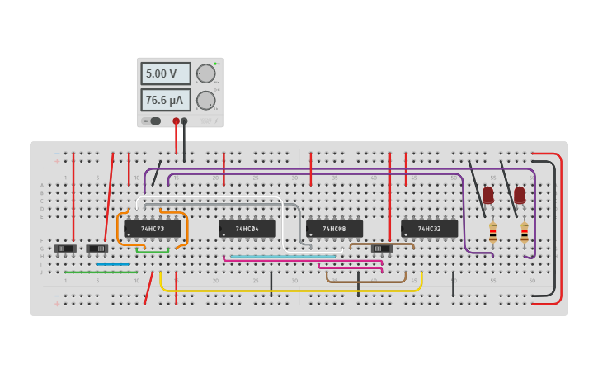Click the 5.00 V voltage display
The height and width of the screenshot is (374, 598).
coord(165,73)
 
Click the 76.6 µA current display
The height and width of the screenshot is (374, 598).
coord(165,101)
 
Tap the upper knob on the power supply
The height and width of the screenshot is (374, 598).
coord(205,73)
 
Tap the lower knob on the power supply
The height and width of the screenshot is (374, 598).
coord(205,101)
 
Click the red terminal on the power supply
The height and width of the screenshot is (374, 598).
coord(176,121)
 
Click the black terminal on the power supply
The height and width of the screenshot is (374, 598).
coord(184,121)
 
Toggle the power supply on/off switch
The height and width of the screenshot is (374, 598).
coord(153,121)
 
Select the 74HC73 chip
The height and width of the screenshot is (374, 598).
coord(153,229)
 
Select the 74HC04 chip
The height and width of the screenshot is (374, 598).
coord(247,229)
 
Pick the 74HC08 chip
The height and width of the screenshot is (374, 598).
coord(334,229)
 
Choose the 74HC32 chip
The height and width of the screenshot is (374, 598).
coord(429,229)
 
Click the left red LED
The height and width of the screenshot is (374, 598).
coord(488,195)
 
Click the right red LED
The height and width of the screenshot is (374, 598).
coord(520,195)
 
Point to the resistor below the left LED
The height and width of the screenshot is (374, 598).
coord(492,234)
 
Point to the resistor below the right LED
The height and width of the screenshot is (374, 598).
coord(524,234)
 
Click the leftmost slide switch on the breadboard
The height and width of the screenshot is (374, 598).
coord(65,249)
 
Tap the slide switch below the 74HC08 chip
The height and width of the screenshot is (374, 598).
coord(381,249)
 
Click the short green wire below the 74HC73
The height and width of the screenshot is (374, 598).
coord(153,252)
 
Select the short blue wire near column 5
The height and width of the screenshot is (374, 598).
coord(113,264)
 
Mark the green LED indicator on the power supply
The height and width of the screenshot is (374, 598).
coord(215,63)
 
